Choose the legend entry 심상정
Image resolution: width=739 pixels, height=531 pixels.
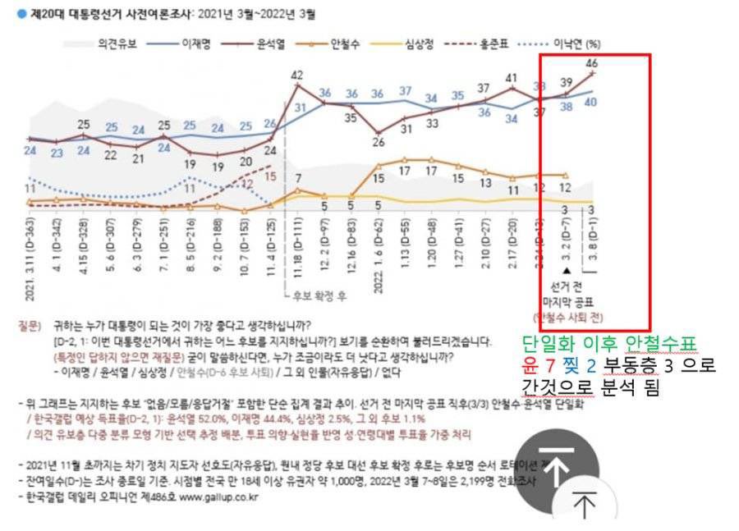coord(422,43)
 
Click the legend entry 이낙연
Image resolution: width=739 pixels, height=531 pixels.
coord(570,43)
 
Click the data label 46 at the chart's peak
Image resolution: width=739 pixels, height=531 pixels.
coord(591,62)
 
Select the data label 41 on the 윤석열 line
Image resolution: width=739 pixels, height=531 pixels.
coord(511,79)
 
